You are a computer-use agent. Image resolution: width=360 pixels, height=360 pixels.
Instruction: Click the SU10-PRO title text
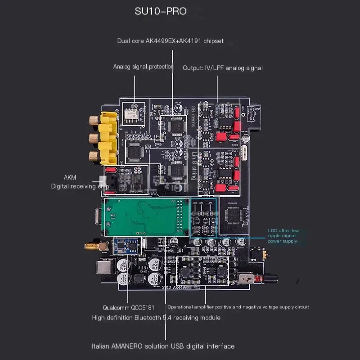pos(161,11)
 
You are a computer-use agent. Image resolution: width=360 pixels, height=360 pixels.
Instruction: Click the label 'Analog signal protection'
pos(143,67)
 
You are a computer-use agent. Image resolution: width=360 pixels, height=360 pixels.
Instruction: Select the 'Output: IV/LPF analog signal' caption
pos(223,68)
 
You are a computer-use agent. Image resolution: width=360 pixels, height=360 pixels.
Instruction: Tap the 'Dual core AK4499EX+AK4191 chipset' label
pos(171,41)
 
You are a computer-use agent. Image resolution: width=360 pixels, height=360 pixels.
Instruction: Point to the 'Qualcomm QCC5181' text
pos(128,308)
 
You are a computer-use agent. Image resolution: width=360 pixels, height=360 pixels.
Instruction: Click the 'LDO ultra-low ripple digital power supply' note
pos(283,236)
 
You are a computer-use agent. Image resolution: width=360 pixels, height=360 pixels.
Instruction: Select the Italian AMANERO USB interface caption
pos(163,346)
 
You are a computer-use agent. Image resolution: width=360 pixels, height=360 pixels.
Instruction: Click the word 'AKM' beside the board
pos(70,177)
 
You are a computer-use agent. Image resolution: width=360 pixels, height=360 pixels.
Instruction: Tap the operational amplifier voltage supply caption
pos(238,307)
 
